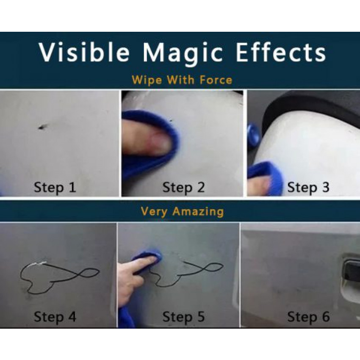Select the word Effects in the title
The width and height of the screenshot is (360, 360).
pyautogui.click(x=281, y=53)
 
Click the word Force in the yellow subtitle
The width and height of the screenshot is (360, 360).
pyautogui.click(x=216, y=80)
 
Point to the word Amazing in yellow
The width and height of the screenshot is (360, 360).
pyautogui.click(x=198, y=211)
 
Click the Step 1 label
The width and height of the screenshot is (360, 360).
pyautogui.click(x=55, y=188)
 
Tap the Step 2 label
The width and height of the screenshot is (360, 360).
pyautogui.click(x=183, y=188)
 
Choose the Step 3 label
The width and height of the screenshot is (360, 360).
pyautogui.click(x=308, y=188)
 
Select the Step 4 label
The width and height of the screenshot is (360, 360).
pyautogui.click(x=55, y=317)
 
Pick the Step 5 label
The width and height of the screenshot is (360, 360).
pyautogui.click(x=183, y=317)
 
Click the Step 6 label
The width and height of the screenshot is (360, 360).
pyautogui.click(x=308, y=317)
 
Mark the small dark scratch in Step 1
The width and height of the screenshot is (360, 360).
pyautogui.click(x=42, y=127)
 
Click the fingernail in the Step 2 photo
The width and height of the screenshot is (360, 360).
pyautogui.click(x=161, y=143)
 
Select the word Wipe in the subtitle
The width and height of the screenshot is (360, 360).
pyautogui.click(x=147, y=80)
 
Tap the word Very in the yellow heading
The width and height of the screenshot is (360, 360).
pyautogui.click(x=154, y=212)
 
